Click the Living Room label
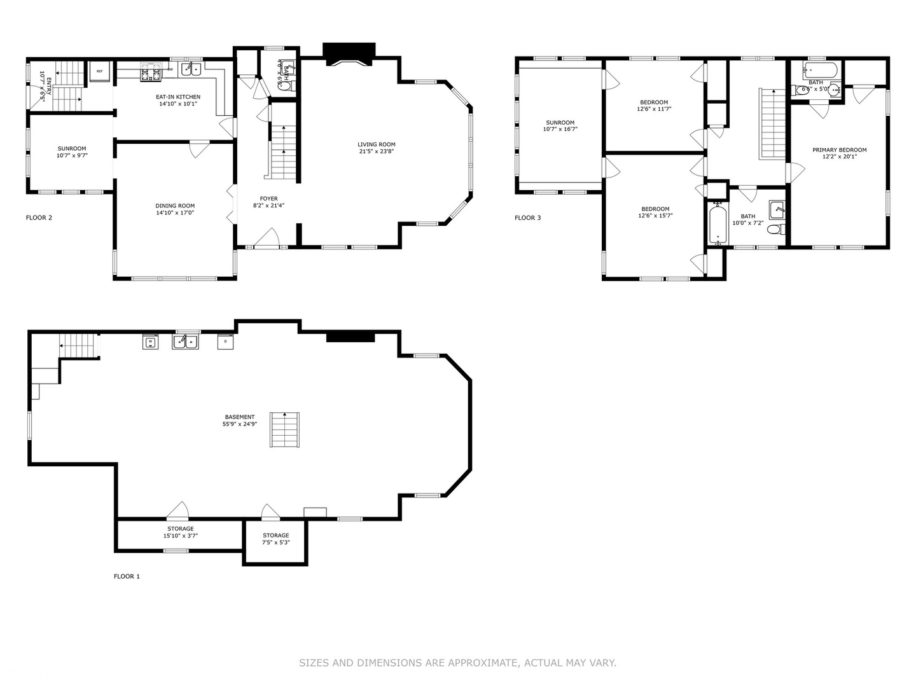click(376, 144)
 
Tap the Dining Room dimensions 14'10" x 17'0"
click(175, 213)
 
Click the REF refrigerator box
click(100, 71)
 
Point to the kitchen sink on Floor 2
click(191, 69)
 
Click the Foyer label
click(268, 198)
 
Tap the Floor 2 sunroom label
click(72, 148)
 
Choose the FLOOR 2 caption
click(39, 218)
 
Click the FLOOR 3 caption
click(527, 218)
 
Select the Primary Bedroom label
click(839, 150)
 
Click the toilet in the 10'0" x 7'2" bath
click(775, 229)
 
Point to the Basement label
click(239, 417)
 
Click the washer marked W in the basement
click(150, 342)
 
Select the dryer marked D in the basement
click(226, 342)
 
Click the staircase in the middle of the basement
click(284, 429)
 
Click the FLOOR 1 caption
click(127, 576)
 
